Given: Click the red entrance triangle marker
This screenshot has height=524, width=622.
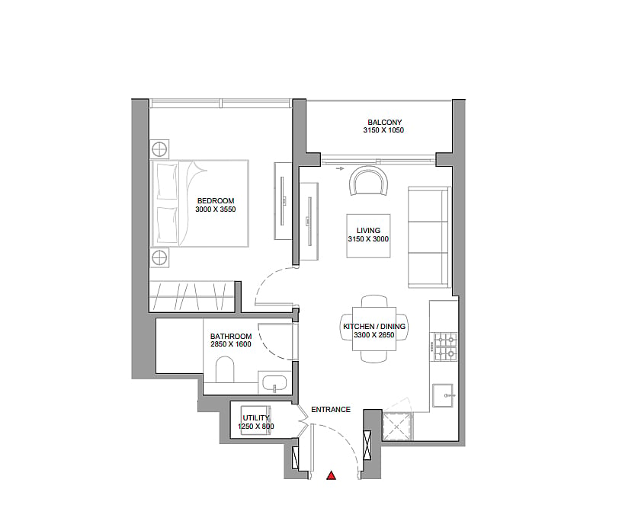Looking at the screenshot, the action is [x=332, y=475].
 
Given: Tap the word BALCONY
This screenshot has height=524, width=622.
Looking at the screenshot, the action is [x=384, y=123].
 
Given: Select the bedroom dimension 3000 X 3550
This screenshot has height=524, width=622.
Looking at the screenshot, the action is [x=216, y=209].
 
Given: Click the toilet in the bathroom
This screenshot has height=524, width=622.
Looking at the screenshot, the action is [x=225, y=369].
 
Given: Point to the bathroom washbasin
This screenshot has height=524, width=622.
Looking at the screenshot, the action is [x=274, y=383].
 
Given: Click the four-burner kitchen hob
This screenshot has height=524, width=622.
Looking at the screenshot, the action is [x=446, y=347].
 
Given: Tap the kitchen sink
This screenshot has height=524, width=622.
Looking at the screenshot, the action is [x=443, y=395].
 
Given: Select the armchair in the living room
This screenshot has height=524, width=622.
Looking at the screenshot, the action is [x=368, y=181].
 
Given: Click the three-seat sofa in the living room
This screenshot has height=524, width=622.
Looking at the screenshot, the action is [x=430, y=237].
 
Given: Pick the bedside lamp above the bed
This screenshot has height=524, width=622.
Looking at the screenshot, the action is [x=159, y=149].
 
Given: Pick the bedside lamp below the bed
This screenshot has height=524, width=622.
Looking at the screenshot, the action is [x=159, y=257].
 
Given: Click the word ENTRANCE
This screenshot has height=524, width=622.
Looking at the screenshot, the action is [x=331, y=410].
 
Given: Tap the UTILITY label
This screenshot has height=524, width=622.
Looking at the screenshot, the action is [x=256, y=418].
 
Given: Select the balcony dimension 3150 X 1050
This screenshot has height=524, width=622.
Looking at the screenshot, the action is [x=383, y=130].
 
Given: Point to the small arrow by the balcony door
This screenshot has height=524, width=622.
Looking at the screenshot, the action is [x=339, y=169].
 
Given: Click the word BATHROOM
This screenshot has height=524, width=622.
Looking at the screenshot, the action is [x=231, y=336].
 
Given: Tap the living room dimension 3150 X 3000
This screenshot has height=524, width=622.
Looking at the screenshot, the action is [x=368, y=238].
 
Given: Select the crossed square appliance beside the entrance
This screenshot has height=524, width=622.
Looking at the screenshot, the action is [x=398, y=426].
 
